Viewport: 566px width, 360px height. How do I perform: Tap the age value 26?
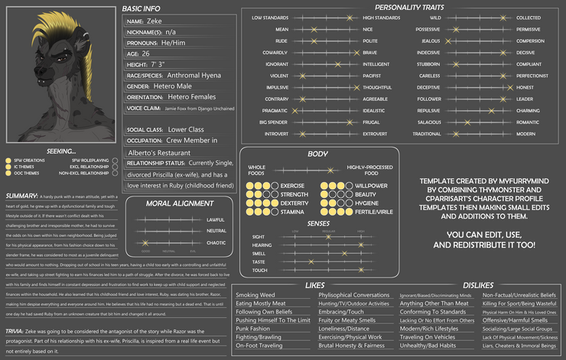click(145, 54)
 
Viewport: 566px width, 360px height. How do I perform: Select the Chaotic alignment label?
click(216, 242)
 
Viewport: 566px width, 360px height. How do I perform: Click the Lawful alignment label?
click(216, 219)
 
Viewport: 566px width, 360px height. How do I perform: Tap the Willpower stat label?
click(371, 186)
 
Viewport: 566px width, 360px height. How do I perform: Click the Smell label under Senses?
click(259, 253)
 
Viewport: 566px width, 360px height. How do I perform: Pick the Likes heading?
click(315, 285)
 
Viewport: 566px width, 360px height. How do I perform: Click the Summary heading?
click(21, 196)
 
